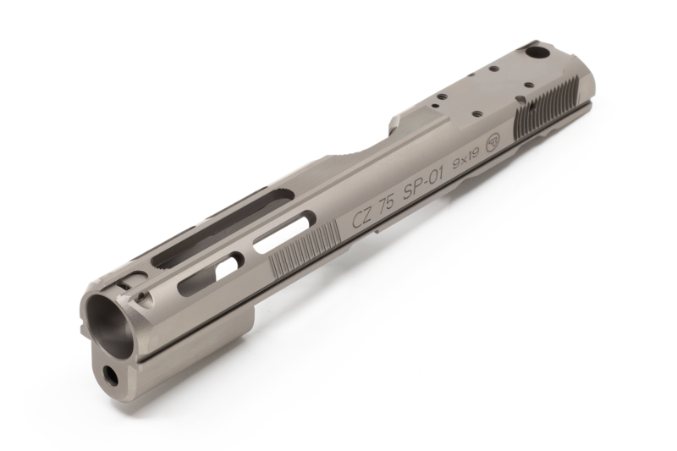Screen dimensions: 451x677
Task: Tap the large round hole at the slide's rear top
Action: tap(536, 53)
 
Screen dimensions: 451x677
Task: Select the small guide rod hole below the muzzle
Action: tap(111, 371)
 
